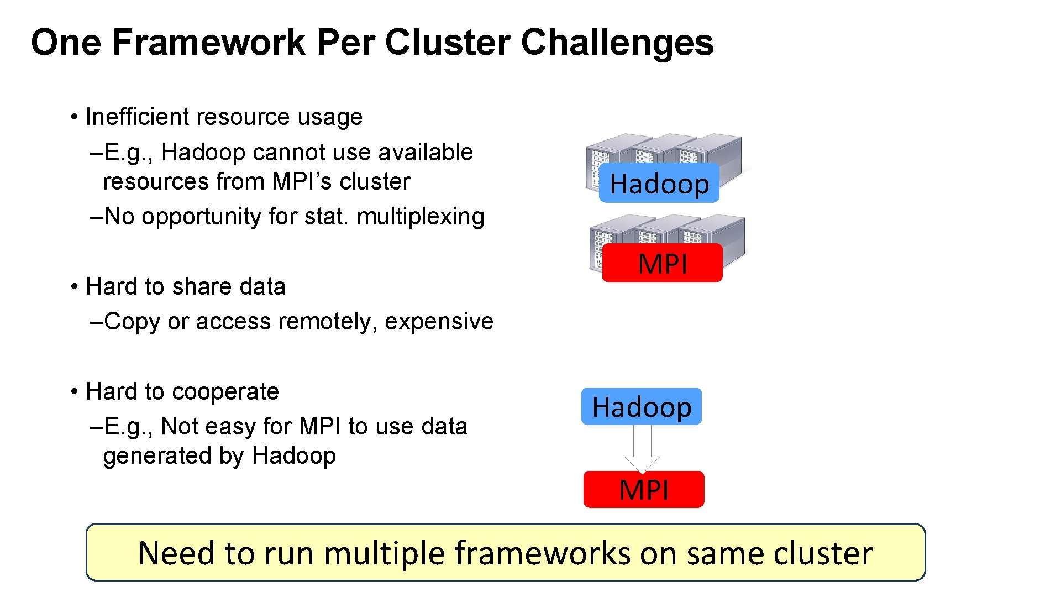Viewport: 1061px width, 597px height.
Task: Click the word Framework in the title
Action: [x=209, y=43]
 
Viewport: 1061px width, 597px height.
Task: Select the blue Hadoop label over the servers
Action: [x=659, y=184]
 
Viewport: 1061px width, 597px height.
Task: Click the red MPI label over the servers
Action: [x=662, y=264]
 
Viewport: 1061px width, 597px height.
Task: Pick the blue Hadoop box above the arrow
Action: [x=641, y=407]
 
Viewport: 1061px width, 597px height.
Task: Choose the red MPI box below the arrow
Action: [x=644, y=490]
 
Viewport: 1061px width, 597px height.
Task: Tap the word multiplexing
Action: [x=420, y=216]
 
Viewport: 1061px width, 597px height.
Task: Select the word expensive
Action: [x=439, y=321]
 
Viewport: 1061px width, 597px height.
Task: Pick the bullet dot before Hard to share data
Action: [x=73, y=287]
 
